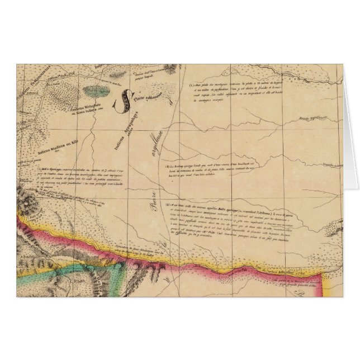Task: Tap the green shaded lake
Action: (x=95, y=88)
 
